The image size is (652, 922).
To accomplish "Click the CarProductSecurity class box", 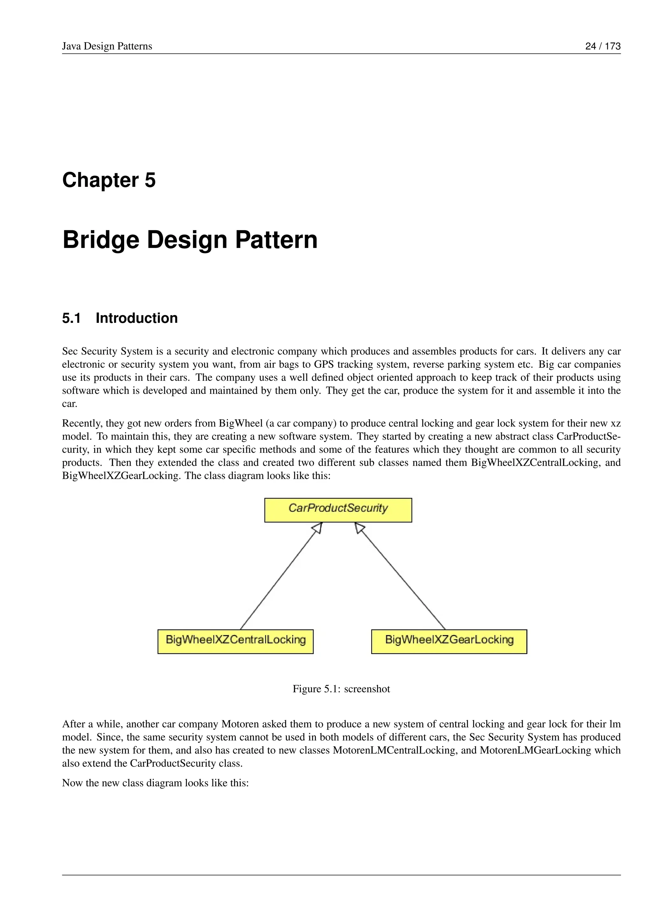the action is tap(338, 510).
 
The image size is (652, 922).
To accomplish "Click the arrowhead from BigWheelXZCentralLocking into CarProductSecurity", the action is tap(318, 528).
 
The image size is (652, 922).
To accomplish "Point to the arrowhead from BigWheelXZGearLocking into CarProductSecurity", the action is tap(359, 528).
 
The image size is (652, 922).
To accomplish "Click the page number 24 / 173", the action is tap(603, 46).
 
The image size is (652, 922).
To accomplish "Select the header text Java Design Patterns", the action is tap(107, 46).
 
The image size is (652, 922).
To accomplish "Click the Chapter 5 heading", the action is tap(109, 180).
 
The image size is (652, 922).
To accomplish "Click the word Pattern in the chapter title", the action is tap(276, 240).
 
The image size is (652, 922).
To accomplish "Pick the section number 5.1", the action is tap(71, 318).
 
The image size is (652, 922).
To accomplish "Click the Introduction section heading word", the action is tap(137, 318).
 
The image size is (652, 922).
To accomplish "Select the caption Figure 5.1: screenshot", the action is tap(341, 689).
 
